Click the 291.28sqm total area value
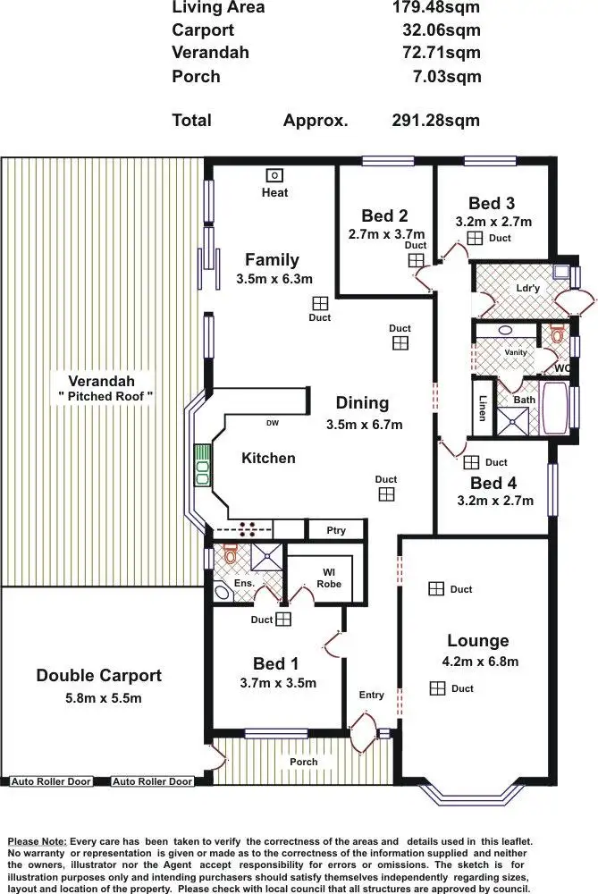[x=435, y=121]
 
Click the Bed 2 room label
[x=384, y=215]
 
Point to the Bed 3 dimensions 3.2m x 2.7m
[x=494, y=222]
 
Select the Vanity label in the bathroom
[x=516, y=352]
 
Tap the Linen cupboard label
[x=483, y=408]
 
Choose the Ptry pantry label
[x=335, y=530]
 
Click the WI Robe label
[x=329, y=578]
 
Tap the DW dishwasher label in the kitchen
[x=272, y=423]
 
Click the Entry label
[x=371, y=695]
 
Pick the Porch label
[x=303, y=762]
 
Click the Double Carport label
[x=98, y=676]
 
